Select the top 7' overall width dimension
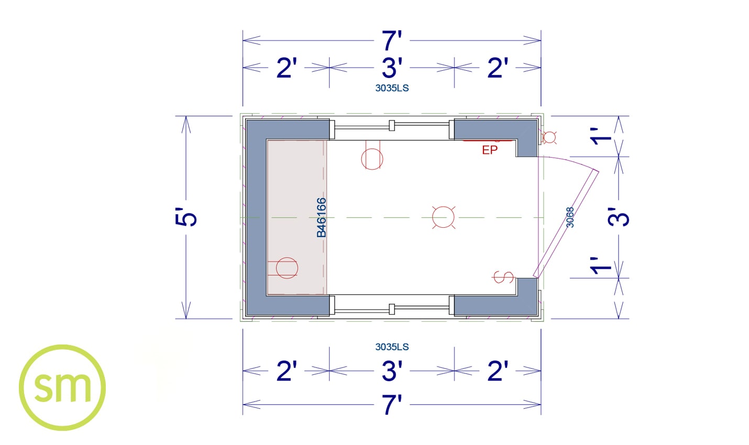click(x=392, y=41)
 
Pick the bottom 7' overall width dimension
click(x=392, y=405)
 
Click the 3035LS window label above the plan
click(x=392, y=88)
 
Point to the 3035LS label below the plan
click(x=392, y=347)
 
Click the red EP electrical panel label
click(x=490, y=150)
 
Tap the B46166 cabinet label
click(x=321, y=218)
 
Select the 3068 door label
click(x=570, y=217)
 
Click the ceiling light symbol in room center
click(x=444, y=217)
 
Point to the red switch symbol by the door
click(x=503, y=277)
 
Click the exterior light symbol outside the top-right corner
click(x=549, y=137)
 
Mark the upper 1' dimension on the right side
click(x=601, y=136)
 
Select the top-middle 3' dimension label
click(x=392, y=68)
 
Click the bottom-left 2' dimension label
click(x=287, y=371)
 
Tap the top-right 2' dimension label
click(x=498, y=68)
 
